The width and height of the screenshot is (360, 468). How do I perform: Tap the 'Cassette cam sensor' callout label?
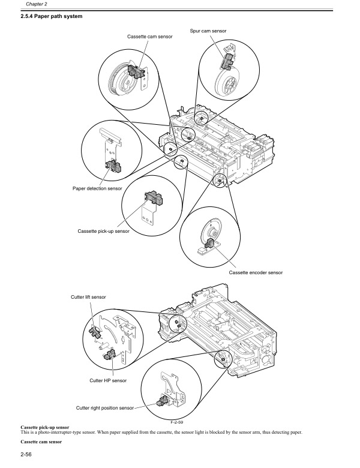tap(149, 37)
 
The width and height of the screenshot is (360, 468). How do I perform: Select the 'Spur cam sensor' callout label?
tap(208, 29)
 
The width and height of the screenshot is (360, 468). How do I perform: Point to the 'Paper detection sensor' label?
tap(97, 188)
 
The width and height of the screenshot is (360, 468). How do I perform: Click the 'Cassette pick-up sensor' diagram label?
tap(104, 231)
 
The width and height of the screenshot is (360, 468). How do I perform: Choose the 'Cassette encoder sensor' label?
tap(255, 272)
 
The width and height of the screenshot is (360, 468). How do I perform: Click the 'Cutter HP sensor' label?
tap(107, 380)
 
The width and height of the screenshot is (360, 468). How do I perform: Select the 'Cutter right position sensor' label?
tap(104, 408)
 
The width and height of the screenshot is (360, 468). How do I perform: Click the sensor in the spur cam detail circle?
tap(229, 60)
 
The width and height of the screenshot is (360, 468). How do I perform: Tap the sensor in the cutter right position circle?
tap(163, 401)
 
